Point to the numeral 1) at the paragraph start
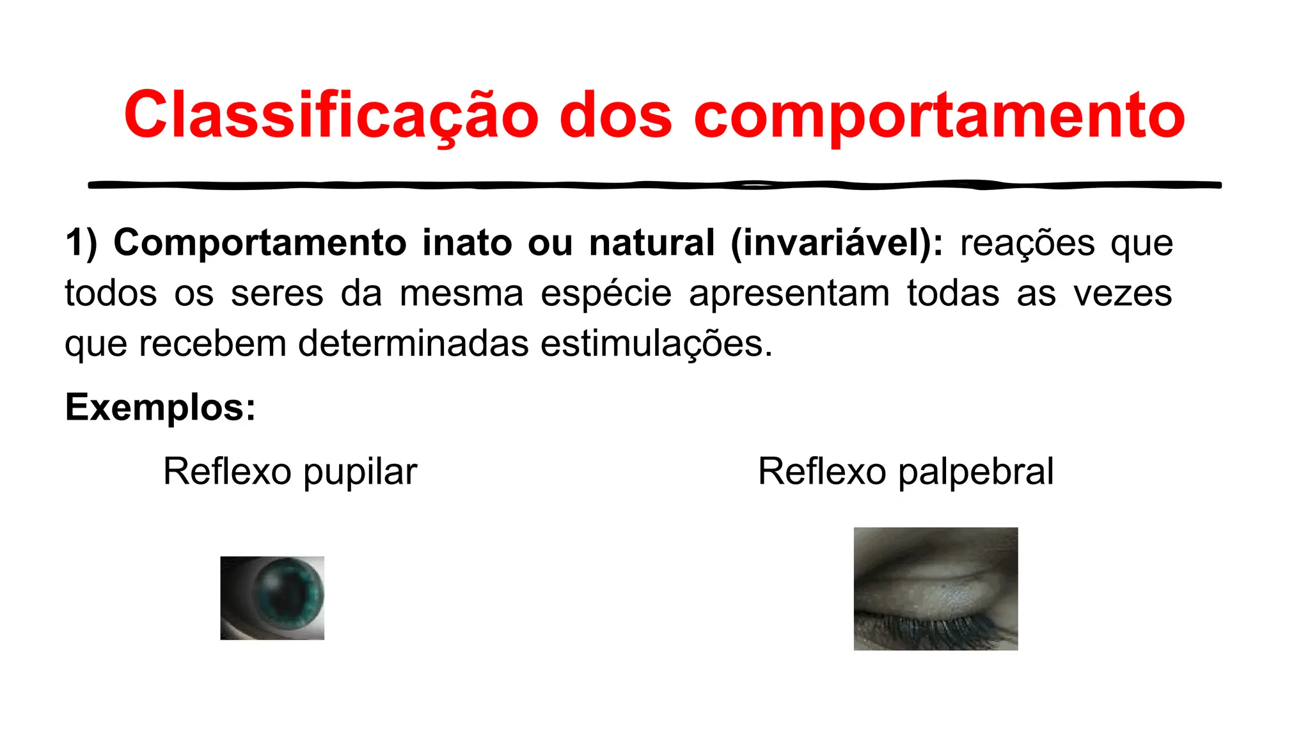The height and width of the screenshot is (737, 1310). [81, 243]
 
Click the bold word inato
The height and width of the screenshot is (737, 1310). [466, 243]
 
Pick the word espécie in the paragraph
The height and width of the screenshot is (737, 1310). [606, 294]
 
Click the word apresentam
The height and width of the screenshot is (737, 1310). [789, 294]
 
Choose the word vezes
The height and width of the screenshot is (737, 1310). [1123, 294]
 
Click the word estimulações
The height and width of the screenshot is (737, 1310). [656, 344]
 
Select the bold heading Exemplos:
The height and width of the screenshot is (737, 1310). [161, 407]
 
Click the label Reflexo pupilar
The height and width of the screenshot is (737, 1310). [290, 472]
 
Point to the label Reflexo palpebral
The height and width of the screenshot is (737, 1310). [905, 472]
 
